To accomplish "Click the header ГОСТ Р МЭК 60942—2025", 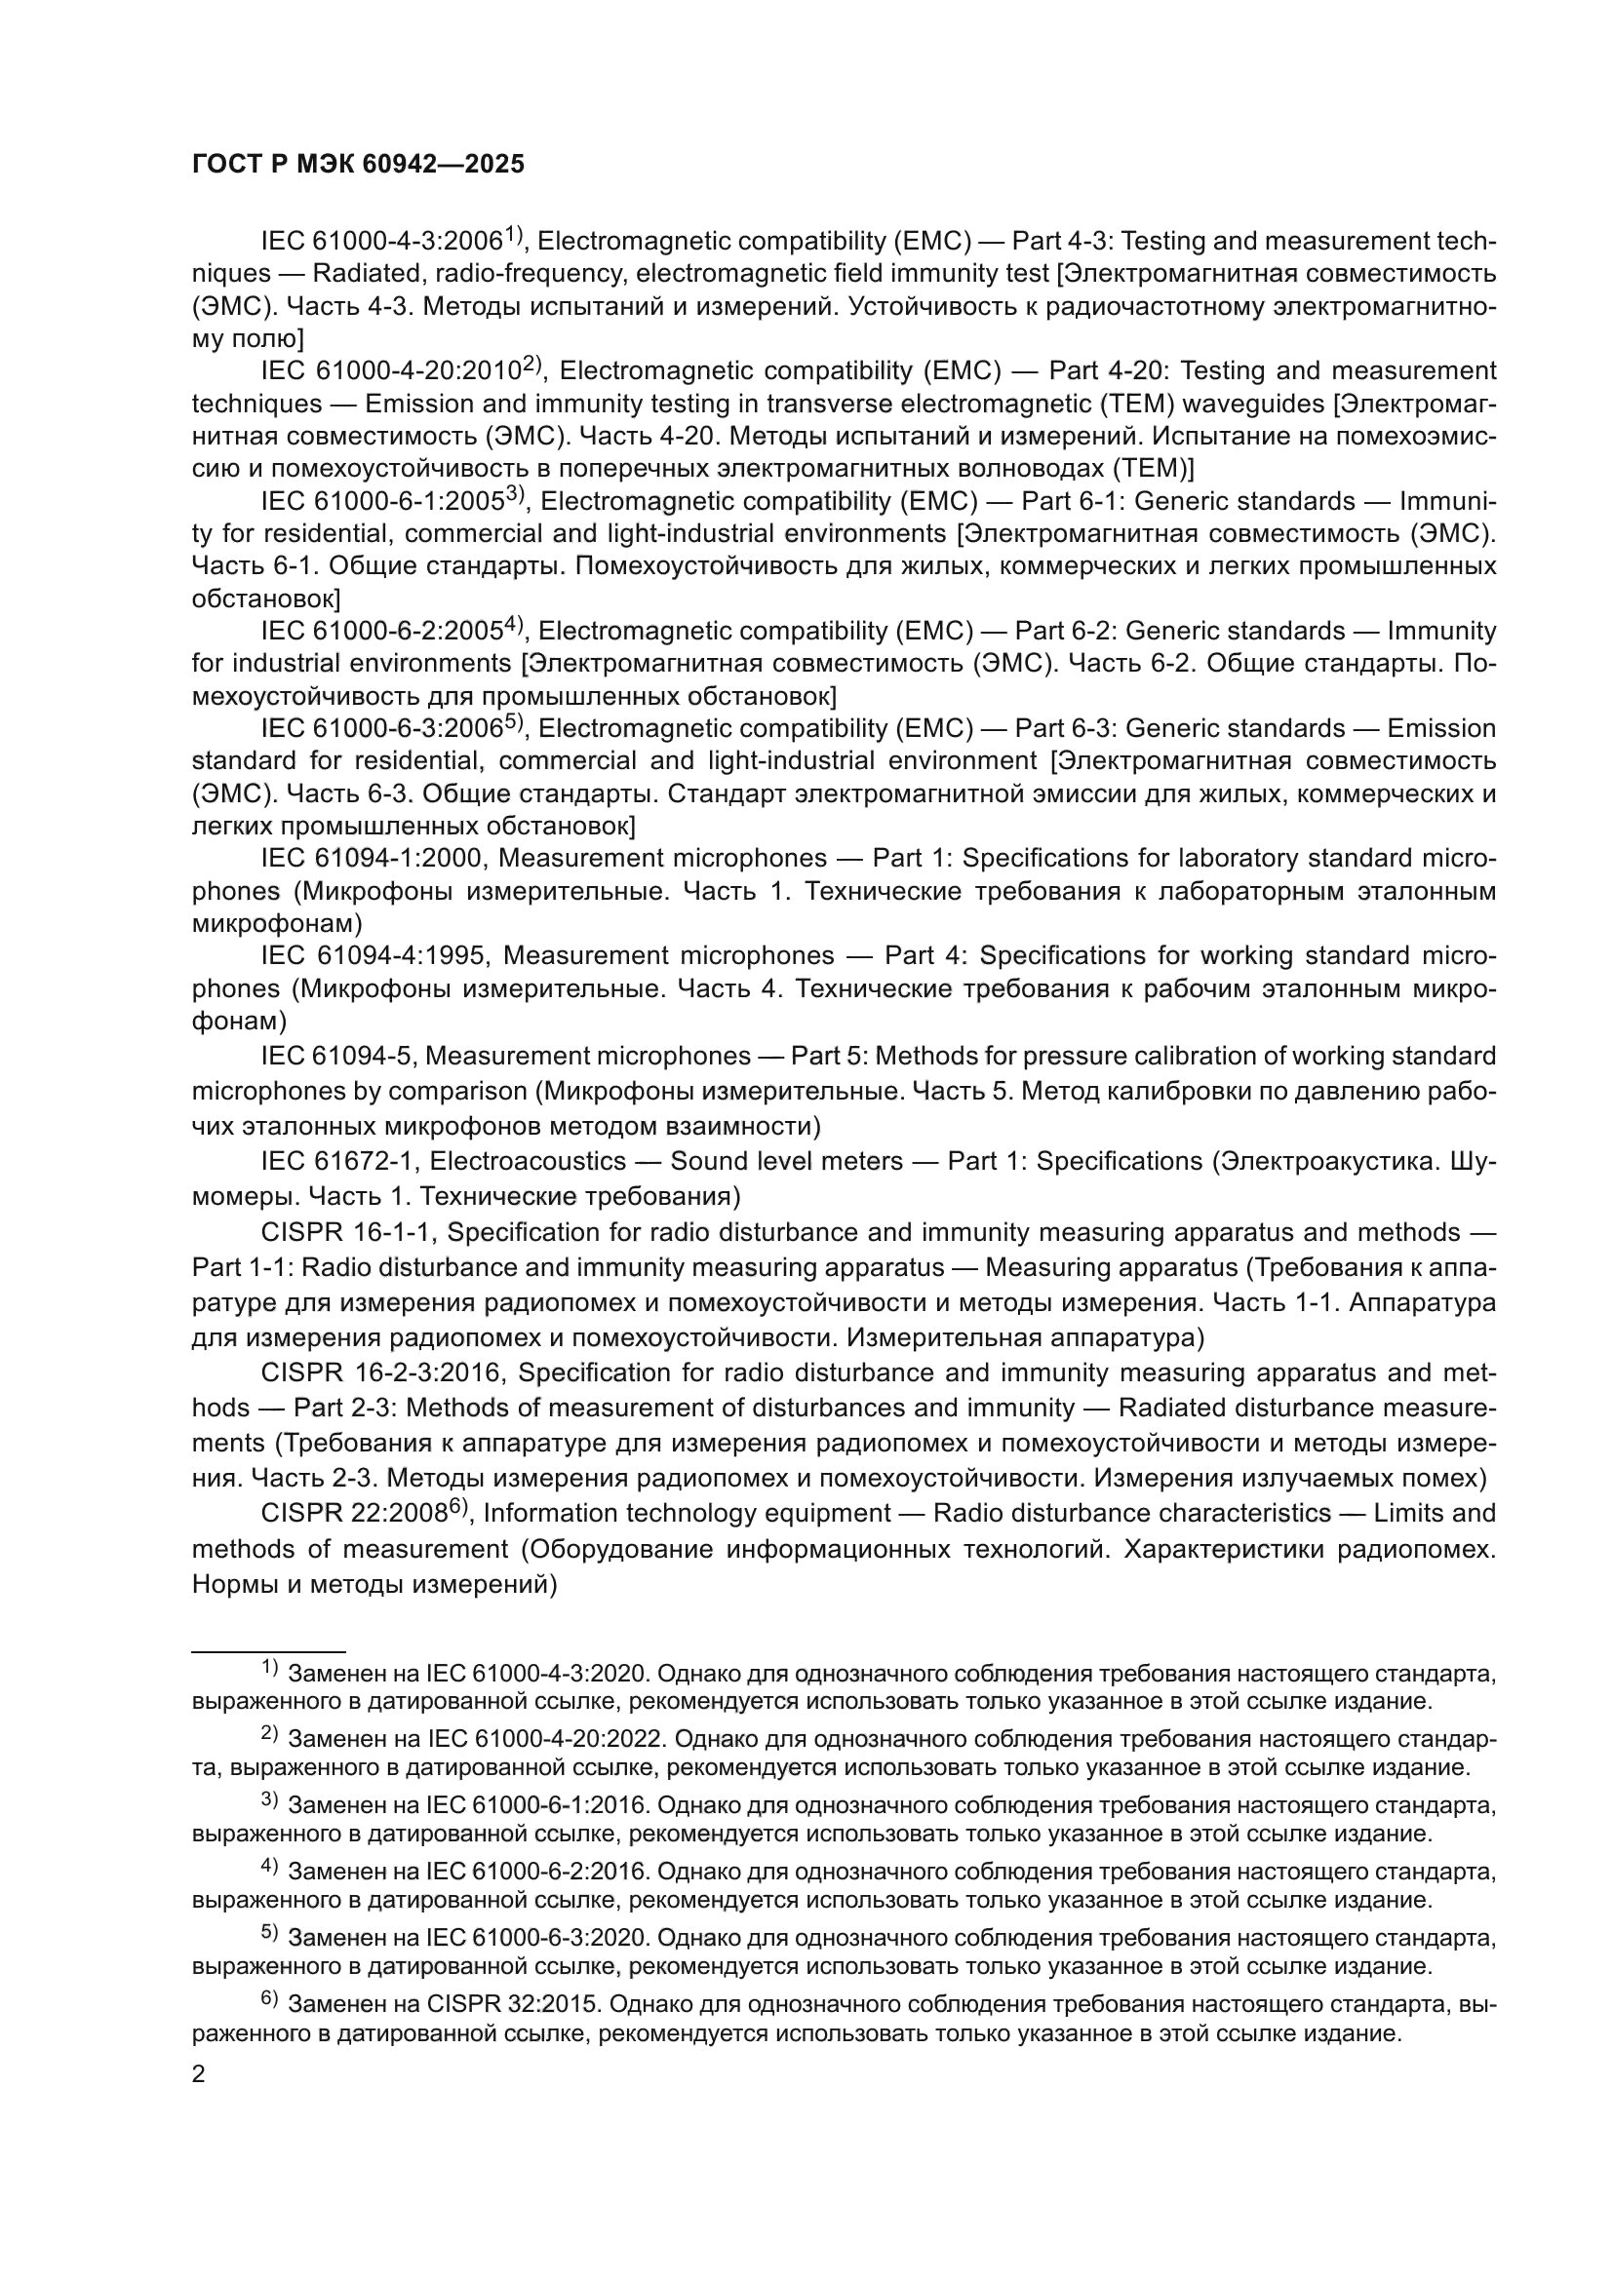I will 358,165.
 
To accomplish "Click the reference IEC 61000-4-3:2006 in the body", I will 381,242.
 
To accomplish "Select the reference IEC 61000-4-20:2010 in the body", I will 391,371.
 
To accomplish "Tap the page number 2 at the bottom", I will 199,2074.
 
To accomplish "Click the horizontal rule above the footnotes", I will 268,1651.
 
